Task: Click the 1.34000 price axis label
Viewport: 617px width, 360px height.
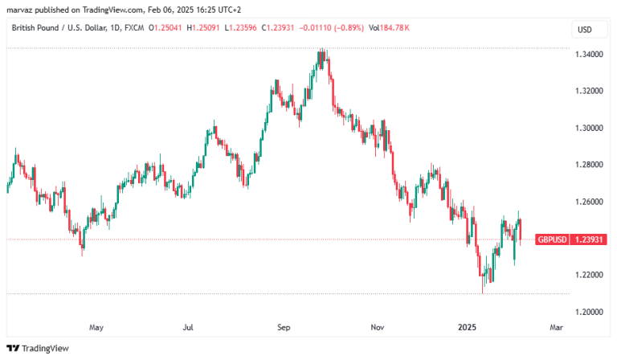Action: pos(589,55)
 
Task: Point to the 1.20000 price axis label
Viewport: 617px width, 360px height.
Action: pos(589,312)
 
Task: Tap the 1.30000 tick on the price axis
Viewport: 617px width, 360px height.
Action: pos(589,129)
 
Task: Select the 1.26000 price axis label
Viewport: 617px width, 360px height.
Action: pos(589,202)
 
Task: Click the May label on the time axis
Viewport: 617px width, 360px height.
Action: pos(96,327)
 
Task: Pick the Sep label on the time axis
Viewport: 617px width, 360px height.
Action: pos(284,327)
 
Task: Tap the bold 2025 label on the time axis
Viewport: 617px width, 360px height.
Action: pos(467,327)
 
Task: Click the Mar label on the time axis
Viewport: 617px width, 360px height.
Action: pos(557,327)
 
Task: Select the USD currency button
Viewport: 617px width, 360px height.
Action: pos(585,30)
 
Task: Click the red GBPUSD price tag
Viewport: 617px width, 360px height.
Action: pos(552,239)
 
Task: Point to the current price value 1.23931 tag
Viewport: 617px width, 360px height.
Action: pos(589,239)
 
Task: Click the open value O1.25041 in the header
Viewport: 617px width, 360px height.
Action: pos(165,28)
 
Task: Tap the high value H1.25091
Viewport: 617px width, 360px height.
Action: pos(203,28)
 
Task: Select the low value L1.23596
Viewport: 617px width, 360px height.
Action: pos(240,28)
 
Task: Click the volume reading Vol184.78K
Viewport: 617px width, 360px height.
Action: pos(389,28)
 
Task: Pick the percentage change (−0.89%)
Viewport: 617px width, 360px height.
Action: pos(349,28)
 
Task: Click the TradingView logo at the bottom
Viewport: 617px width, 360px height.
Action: pos(38,348)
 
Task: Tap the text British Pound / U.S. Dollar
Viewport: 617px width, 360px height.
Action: pos(59,28)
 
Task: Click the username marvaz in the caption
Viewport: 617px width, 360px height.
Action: pos(19,10)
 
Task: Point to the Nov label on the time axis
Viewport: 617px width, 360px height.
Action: pos(378,327)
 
